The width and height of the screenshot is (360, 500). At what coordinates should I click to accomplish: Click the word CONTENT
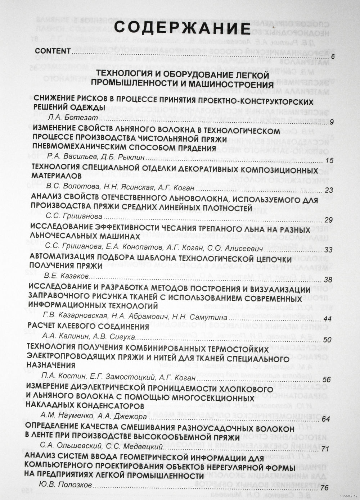pyautogui.click(x=53, y=51)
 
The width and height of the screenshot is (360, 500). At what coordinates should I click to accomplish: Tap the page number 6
pyautogui.click(x=332, y=57)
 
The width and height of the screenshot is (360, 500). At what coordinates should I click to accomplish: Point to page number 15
pyautogui.click(x=329, y=160)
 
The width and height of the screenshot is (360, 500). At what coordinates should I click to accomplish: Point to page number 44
pyautogui.click(x=328, y=319)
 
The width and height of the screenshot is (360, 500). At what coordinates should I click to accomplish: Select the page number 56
pyautogui.click(x=327, y=379)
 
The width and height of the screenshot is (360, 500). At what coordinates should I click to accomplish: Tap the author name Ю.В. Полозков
pyautogui.click(x=65, y=485)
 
